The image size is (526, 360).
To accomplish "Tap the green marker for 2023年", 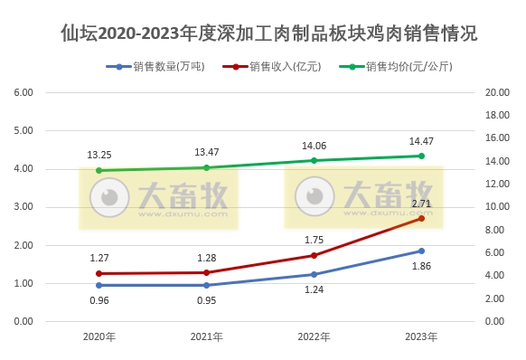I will [420, 156].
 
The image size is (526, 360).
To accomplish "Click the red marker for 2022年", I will [314, 255].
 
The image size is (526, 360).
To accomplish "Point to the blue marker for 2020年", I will [99, 285].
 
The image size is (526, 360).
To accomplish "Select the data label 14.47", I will [421, 141].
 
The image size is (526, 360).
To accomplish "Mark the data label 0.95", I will [208, 300].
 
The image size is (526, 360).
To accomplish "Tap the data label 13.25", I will [99, 155].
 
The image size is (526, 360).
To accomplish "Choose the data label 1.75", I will [314, 240].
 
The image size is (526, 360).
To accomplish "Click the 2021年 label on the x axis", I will [207, 336].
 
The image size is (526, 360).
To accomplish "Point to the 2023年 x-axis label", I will [420, 336].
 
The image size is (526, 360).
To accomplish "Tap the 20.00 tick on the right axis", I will [498, 92].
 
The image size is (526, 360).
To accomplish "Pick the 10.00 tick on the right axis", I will [498, 207].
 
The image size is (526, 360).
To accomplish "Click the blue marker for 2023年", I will [420, 251].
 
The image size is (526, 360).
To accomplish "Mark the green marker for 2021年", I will [207, 167].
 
